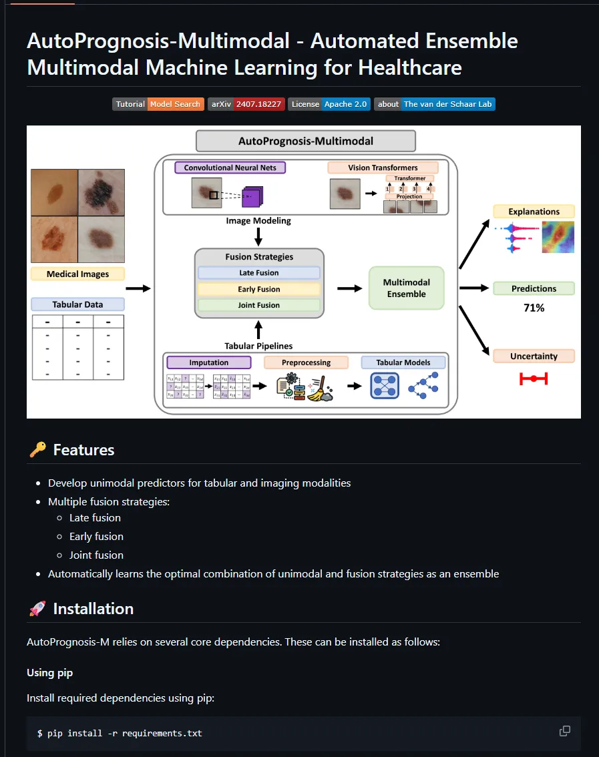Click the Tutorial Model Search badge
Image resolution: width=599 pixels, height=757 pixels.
point(158,104)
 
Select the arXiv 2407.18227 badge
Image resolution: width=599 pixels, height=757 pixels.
point(246,104)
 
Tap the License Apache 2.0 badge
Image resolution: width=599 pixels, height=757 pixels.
point(329,104)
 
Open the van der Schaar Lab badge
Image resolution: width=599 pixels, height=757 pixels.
point(435,104)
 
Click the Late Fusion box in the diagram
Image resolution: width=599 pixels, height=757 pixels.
point(258,272)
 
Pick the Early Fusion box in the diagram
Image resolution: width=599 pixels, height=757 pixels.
point(258,289)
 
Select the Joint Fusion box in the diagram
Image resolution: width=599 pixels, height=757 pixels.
point(258,305)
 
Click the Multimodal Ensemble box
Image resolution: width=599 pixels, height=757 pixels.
point(406,288)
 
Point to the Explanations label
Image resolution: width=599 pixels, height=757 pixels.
point(534,212)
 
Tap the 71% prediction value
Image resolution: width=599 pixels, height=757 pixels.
point(534,308)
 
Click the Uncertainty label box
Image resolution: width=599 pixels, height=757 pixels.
point(534,356)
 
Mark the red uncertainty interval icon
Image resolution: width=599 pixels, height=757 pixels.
point(534,379)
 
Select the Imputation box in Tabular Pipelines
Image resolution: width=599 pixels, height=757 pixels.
point(209,362)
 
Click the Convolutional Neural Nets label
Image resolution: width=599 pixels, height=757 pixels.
point(230,168)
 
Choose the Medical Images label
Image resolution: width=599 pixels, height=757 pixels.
point(77,274)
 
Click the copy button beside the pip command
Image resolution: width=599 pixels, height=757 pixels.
point(564,732)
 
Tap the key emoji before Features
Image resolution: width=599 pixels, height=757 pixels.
point(37,451)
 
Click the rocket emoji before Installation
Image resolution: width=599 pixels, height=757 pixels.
point(37,609)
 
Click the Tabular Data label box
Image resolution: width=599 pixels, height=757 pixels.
point(77,304)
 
